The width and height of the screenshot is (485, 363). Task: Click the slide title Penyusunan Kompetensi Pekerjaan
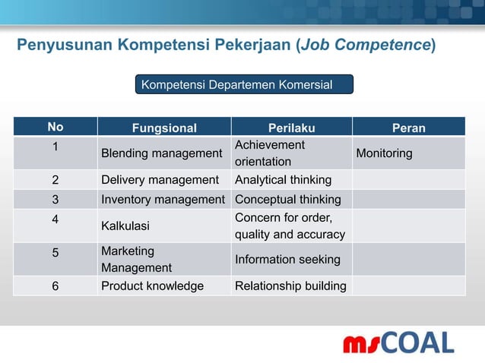point(227,46)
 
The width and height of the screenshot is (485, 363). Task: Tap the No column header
point(55,128)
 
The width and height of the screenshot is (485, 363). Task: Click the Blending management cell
point(161,153)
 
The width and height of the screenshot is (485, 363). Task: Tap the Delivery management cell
point(160,180)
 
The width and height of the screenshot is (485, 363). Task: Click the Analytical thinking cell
point(283,180)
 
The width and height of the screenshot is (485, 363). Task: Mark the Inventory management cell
point(163,200)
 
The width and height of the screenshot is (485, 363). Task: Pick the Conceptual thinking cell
point(288,200)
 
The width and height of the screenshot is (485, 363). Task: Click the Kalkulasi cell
point(125,226)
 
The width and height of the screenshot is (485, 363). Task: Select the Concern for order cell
point(290,226)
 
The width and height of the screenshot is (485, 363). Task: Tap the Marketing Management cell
point(136,259)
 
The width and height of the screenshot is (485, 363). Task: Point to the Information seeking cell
point(287,260)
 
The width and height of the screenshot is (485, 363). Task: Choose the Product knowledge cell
point(152,286)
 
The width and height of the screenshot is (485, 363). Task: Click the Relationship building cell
point(290,286)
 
